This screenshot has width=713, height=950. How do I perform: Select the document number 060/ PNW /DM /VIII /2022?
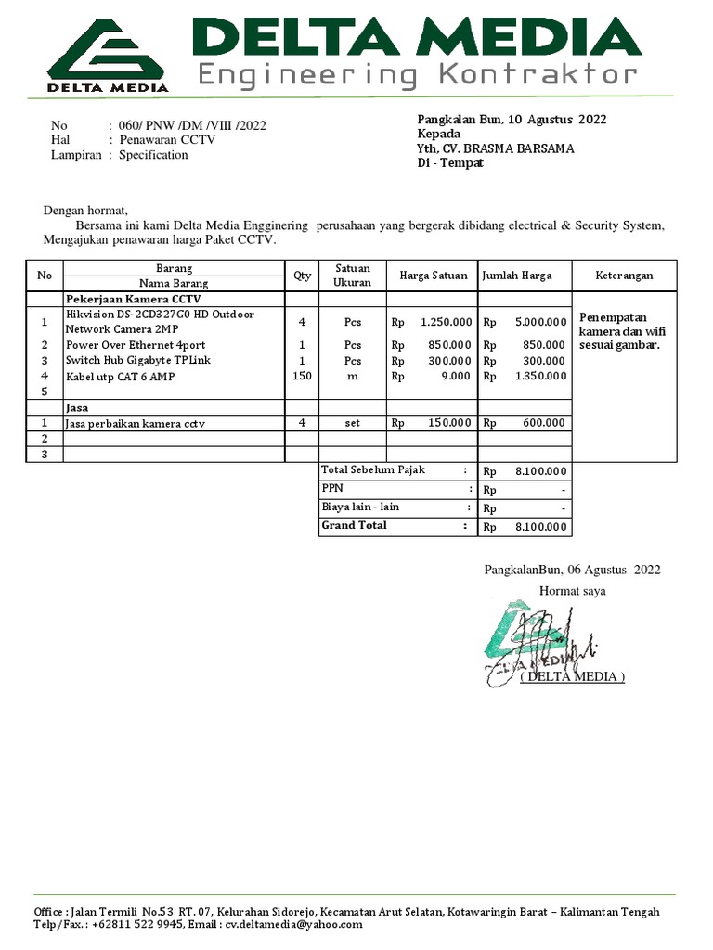192,125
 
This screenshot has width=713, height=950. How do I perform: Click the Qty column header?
302,276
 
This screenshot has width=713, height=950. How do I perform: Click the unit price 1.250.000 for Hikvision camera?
446,322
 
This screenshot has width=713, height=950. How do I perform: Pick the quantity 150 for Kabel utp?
302,376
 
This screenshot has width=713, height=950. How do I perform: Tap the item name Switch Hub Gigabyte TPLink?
138,360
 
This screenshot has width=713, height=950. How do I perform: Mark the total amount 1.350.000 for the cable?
539,376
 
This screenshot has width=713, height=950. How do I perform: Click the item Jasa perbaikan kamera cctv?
135,423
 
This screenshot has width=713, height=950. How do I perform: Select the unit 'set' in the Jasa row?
352,423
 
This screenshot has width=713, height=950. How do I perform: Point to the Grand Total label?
354,525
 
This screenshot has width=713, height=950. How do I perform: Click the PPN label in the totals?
331,488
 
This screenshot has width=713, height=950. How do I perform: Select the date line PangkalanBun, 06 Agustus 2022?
572,570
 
